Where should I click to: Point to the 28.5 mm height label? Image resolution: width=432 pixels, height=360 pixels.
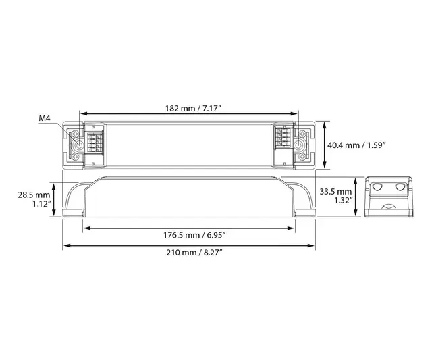[x=33, y=195]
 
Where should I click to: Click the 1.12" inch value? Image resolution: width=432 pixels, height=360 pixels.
[x=40, y=205]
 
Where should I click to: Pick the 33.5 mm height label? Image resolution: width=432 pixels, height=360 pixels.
[x=336, y=190]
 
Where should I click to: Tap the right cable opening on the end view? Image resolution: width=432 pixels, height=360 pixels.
[x=402, y=186]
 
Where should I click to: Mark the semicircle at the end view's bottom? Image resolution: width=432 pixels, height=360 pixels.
[x=390, y=209]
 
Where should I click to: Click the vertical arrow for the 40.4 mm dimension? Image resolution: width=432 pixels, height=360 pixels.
[x=325, y=144]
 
